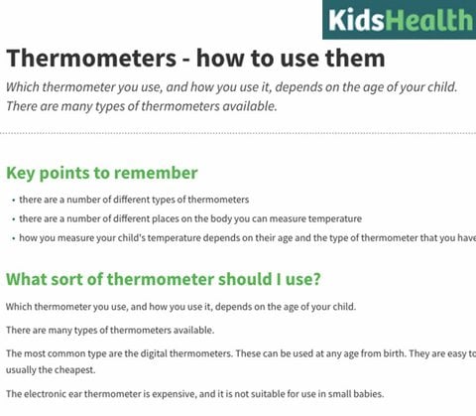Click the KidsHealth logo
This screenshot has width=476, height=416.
400,19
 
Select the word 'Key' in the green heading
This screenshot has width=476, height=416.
24,173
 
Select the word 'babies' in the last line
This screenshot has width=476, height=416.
363,393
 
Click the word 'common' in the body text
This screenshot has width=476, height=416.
63,353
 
